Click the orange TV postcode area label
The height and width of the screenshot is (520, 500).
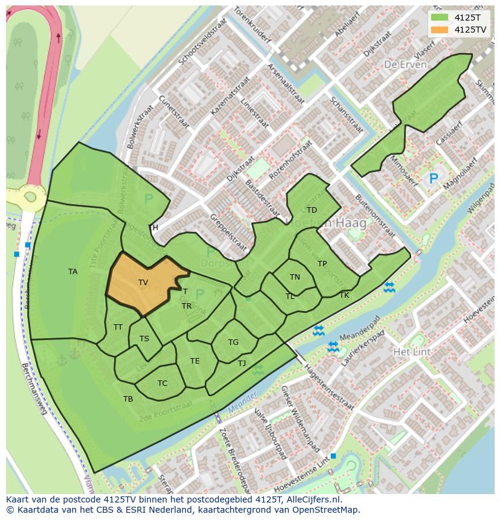143,282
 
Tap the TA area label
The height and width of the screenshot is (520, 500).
72,272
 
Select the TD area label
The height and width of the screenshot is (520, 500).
312,210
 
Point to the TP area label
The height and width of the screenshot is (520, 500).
322,264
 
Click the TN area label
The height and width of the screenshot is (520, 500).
295,277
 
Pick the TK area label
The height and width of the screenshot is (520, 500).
344,295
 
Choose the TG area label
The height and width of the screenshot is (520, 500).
233,342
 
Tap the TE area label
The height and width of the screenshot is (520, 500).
194,361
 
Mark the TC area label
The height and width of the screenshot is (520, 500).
162,384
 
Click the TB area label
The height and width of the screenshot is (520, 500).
128,399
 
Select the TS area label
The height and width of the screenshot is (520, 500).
144,339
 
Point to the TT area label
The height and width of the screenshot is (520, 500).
118,327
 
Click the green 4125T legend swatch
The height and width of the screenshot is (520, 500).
439,18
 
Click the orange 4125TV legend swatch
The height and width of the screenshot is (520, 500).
439,29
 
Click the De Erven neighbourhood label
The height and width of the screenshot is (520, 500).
405,65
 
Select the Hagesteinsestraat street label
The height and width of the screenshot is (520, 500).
329,387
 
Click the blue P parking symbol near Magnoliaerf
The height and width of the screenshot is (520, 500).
433,179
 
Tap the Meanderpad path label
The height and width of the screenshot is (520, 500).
360,326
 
